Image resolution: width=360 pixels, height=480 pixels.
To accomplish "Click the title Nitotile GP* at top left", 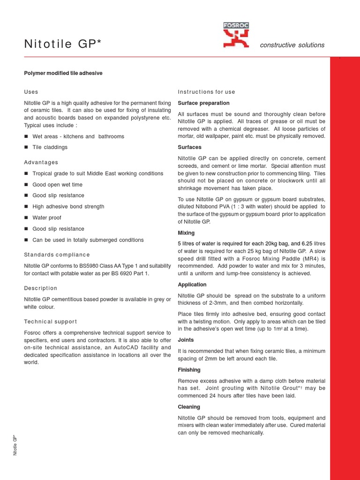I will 63,45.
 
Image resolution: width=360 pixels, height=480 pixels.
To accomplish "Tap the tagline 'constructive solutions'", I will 292,45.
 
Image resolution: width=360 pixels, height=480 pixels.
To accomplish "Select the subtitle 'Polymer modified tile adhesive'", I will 63,73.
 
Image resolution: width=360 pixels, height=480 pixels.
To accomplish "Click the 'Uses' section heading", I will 31,92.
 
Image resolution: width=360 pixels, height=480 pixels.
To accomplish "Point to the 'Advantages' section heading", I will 41,162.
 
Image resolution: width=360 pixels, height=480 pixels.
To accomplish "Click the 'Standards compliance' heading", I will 57,255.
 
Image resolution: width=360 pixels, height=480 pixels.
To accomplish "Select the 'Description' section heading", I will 40,288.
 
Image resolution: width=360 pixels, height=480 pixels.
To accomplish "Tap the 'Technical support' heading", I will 51,322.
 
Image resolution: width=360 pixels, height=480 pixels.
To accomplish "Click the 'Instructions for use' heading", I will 206,92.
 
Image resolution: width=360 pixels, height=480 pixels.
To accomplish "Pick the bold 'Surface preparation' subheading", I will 203,103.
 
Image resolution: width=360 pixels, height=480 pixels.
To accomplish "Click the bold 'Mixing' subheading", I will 186,232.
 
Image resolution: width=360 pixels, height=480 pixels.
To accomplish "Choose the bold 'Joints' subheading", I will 186,340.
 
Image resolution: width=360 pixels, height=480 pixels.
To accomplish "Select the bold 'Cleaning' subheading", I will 189,407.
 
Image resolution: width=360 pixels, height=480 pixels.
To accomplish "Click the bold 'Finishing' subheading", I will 189,370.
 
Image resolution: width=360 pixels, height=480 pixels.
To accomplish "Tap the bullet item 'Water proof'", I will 47,217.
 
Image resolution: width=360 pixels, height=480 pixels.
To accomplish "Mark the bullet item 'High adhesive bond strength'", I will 68,206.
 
